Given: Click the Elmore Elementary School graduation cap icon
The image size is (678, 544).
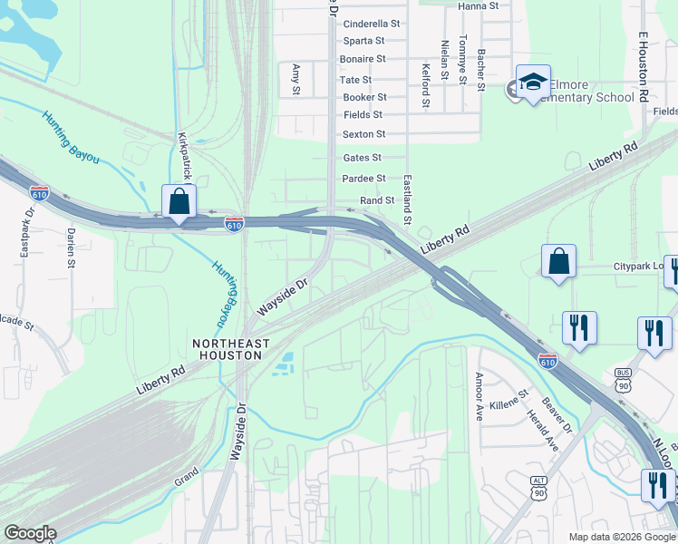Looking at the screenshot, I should [x=533, y=83].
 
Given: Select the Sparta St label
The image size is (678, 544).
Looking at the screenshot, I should [x=364, y=41].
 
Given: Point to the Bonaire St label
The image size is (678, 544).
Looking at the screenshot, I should [x=364, y=59].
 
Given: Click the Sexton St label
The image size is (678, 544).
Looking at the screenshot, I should [x=364, y=134].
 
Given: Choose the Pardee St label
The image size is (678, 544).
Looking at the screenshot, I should [x=364, y=179].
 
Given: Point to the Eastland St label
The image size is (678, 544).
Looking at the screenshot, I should [x=408, y=200].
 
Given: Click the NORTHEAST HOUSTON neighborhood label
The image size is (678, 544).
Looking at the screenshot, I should [x=231, y=350].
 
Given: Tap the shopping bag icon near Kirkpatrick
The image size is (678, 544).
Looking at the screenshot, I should [x=179, y=202].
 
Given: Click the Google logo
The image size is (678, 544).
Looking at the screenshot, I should [x=30, y=533].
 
